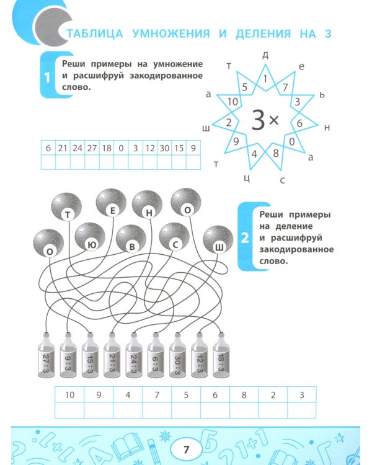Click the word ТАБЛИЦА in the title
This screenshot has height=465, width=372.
tap(95, 33)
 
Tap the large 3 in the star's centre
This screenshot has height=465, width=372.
tap(258, 120)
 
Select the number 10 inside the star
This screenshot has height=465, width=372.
tap(233, 102)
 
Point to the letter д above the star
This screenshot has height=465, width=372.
tap(265, 55)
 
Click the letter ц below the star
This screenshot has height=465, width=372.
tap(247, 178)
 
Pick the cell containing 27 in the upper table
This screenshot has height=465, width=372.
tap(92, 148)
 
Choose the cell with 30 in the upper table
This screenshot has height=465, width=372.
tap(164, 148)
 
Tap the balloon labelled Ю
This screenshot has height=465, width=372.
tap(90, 237)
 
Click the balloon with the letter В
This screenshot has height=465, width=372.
tap(131, 239)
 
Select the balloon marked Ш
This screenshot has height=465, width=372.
tap(218, 240)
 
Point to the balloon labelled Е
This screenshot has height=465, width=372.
tap(111, 203)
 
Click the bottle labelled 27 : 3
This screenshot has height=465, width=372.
tap(46, 356)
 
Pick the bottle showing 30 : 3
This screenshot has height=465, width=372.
tap(177, 356)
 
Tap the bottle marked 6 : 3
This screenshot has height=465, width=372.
tap(156, 356)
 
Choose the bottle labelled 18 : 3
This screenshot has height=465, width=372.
tap(221, 356)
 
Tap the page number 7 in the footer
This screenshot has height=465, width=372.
tap(186, 449)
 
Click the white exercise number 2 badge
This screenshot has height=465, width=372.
tap(245, 237)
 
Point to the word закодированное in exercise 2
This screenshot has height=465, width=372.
tap(296, 249)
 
